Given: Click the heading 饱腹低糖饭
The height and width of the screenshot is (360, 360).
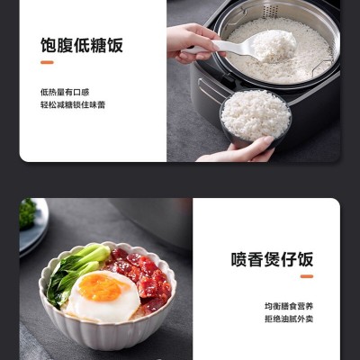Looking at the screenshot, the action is (82, 46).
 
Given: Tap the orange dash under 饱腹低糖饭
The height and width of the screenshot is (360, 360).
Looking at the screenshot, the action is (47, 62).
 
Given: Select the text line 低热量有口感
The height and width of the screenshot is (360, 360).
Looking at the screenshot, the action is (65, 92).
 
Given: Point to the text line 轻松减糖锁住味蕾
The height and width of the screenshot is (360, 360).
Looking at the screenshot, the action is (73, 105).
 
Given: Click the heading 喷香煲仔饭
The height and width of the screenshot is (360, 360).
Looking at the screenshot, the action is (272, 259).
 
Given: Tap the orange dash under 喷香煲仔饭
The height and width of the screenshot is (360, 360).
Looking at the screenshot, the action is (307, 276).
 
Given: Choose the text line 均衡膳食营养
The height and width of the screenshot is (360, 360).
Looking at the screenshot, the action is (289, 306).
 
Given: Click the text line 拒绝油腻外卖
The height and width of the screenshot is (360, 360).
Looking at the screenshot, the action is (289, 319).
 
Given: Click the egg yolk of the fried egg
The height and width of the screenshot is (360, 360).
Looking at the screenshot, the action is (102, 287).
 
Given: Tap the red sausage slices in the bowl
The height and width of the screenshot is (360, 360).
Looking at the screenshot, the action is (142, 276).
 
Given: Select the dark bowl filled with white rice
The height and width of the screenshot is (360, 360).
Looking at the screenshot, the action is (256, 116).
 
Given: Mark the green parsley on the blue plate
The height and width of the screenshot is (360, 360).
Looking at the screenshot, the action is (28, 213).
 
